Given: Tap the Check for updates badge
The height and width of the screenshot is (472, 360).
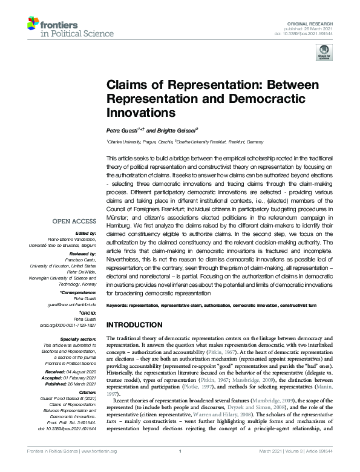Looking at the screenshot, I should click(321, 55).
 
